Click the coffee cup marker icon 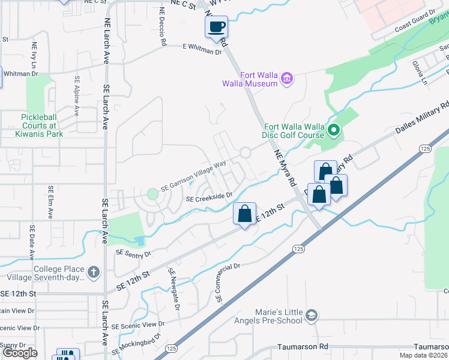tap(217, 26)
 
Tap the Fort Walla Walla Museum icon tap(287, 79)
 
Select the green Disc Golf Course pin tap(334, 130)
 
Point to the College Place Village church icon tap(93, 272)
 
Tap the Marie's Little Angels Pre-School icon tap(311, 315)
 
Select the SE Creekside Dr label tap(209, 197)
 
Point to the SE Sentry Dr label tap(134, 254)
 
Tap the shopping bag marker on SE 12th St tap(245, 214)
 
